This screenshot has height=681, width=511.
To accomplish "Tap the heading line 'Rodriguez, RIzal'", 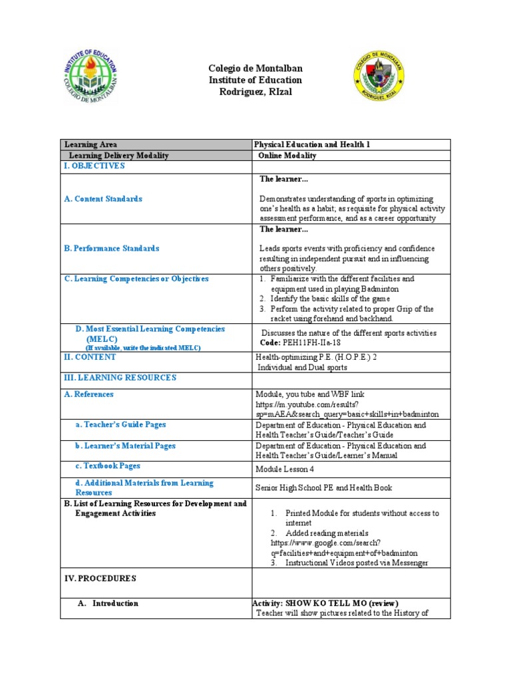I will pyautogui.click(x=255, y=92).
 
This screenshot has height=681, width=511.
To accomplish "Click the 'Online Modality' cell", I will pyautogui.click(x=287, y=156).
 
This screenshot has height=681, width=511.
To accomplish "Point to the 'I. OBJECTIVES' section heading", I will pyautogui.click(x=94, y=166).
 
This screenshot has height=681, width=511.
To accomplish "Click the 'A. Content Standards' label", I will pyautogui.click(x=103, y=199).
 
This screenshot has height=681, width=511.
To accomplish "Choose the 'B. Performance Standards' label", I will pyautogui.click(x=112, y=249).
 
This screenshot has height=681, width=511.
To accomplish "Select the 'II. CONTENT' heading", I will pyautogui.click(x=90, y=357).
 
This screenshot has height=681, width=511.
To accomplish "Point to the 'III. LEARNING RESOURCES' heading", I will pyautogui.click(x=120, y=378).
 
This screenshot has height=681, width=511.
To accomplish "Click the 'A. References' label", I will pyautogui.click(x=88, y=394).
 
